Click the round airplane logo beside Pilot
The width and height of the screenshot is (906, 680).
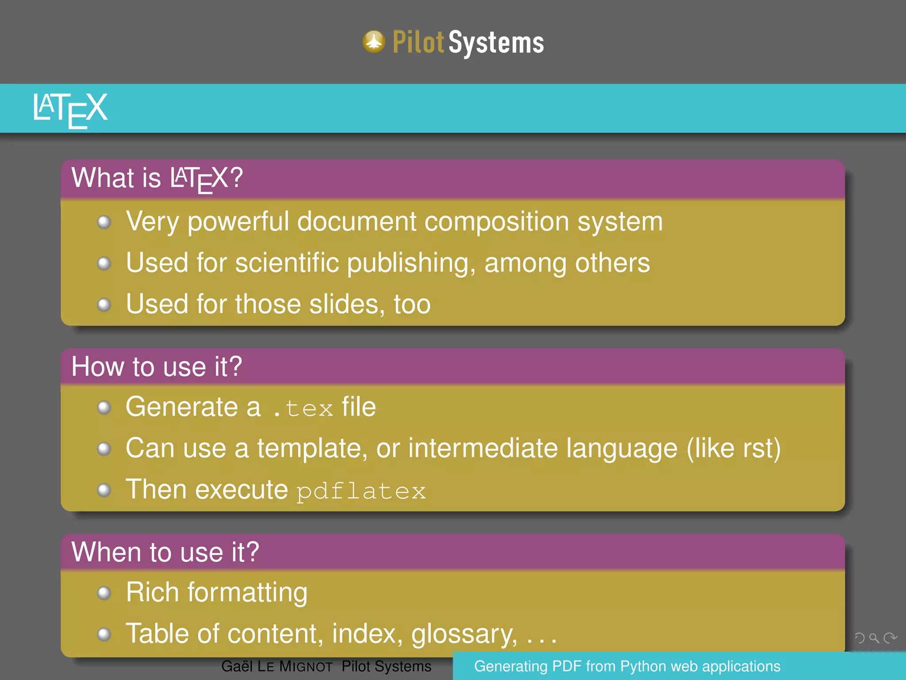[374, 42]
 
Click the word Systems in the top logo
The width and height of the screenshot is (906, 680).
[496, 43]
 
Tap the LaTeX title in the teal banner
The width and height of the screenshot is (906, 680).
[70, 109]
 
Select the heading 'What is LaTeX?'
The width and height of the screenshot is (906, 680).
[157, 178]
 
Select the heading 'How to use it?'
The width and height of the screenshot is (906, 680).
[157, 367]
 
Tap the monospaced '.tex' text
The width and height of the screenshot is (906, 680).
[303, 408]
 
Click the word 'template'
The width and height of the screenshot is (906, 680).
[312, 448]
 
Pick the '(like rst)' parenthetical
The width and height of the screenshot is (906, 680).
[733, 448]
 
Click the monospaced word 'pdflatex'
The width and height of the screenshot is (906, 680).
[361, 491]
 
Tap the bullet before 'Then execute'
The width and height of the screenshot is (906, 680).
[104, 490]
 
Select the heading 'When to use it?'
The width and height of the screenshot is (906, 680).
[165, 552]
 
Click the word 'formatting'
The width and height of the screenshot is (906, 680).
[247, 593]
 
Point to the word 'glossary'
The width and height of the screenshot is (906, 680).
[464, 634]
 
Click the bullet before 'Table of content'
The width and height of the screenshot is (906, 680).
[104, 634]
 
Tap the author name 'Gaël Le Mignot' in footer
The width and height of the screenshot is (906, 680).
[276, 666]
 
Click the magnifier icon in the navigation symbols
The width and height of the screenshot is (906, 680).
[874, 638]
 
